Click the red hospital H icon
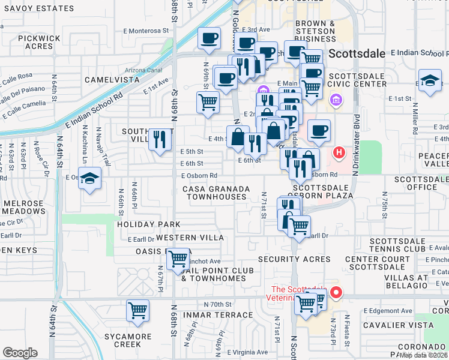[x=339, y=153]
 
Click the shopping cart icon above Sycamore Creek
[x=137, y=311]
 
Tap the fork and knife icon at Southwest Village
[x=160, y=140]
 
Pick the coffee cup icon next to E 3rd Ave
[x=209, y=39]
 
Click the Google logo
[x=20, y=353]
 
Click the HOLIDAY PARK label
[x=149, y=224]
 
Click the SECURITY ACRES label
[x=294, y=259]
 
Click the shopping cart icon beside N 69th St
[x=208, y=103]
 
